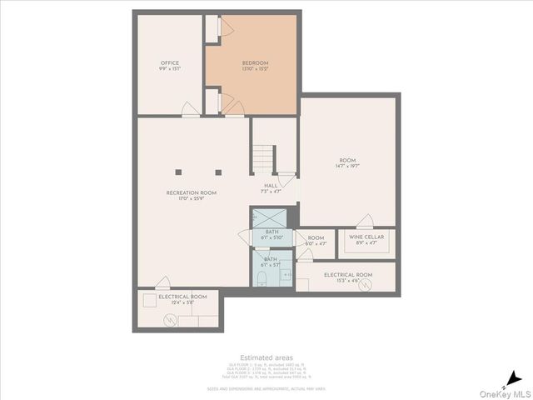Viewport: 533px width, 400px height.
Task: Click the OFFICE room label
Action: coord(170,63)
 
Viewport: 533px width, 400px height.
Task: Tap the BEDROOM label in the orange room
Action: coord(256,63)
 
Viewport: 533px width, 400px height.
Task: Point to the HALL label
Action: coord(271,186)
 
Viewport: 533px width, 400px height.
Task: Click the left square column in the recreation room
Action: coord(178,172)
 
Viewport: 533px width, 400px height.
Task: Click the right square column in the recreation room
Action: coord(218,172)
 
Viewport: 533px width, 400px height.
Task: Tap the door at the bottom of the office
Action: coord(191,109)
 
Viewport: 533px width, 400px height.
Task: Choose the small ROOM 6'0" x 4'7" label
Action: coord(316,240)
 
